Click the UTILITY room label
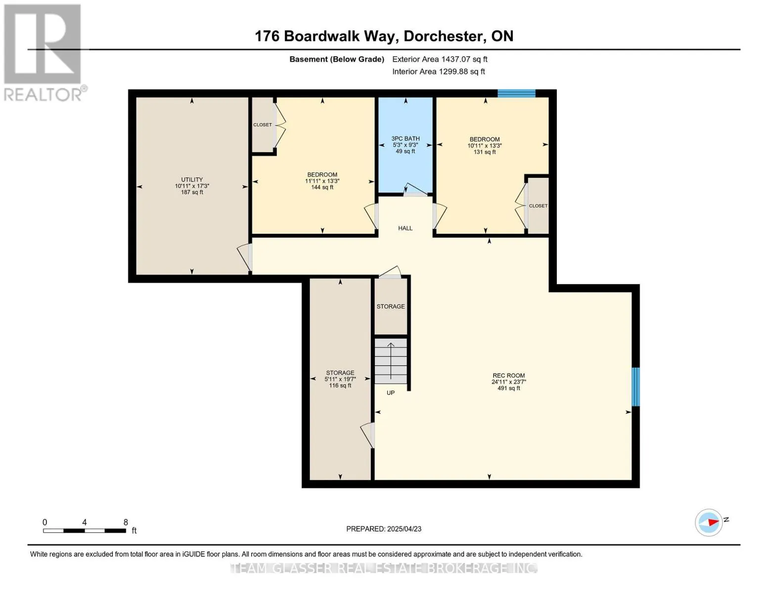[x=192, y=179]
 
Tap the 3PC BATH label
[x=406, y=139]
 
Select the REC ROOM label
[x=508, y=376]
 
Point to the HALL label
[x=405, y=228]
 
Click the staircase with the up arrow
[x=391, y=361]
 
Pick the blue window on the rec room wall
[x=635, y=387]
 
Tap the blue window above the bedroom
[x=516, y=93]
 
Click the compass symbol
[x=709, y=522]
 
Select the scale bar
[x=85, y=530]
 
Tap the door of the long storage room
[x=367, y=435]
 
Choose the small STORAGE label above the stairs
[x=391, y=306]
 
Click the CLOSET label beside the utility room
[x=263, y=125]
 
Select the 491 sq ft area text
[x=508, y=388]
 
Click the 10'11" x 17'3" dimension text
[x=192, y=186]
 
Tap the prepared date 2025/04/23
[x=404, y=529]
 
